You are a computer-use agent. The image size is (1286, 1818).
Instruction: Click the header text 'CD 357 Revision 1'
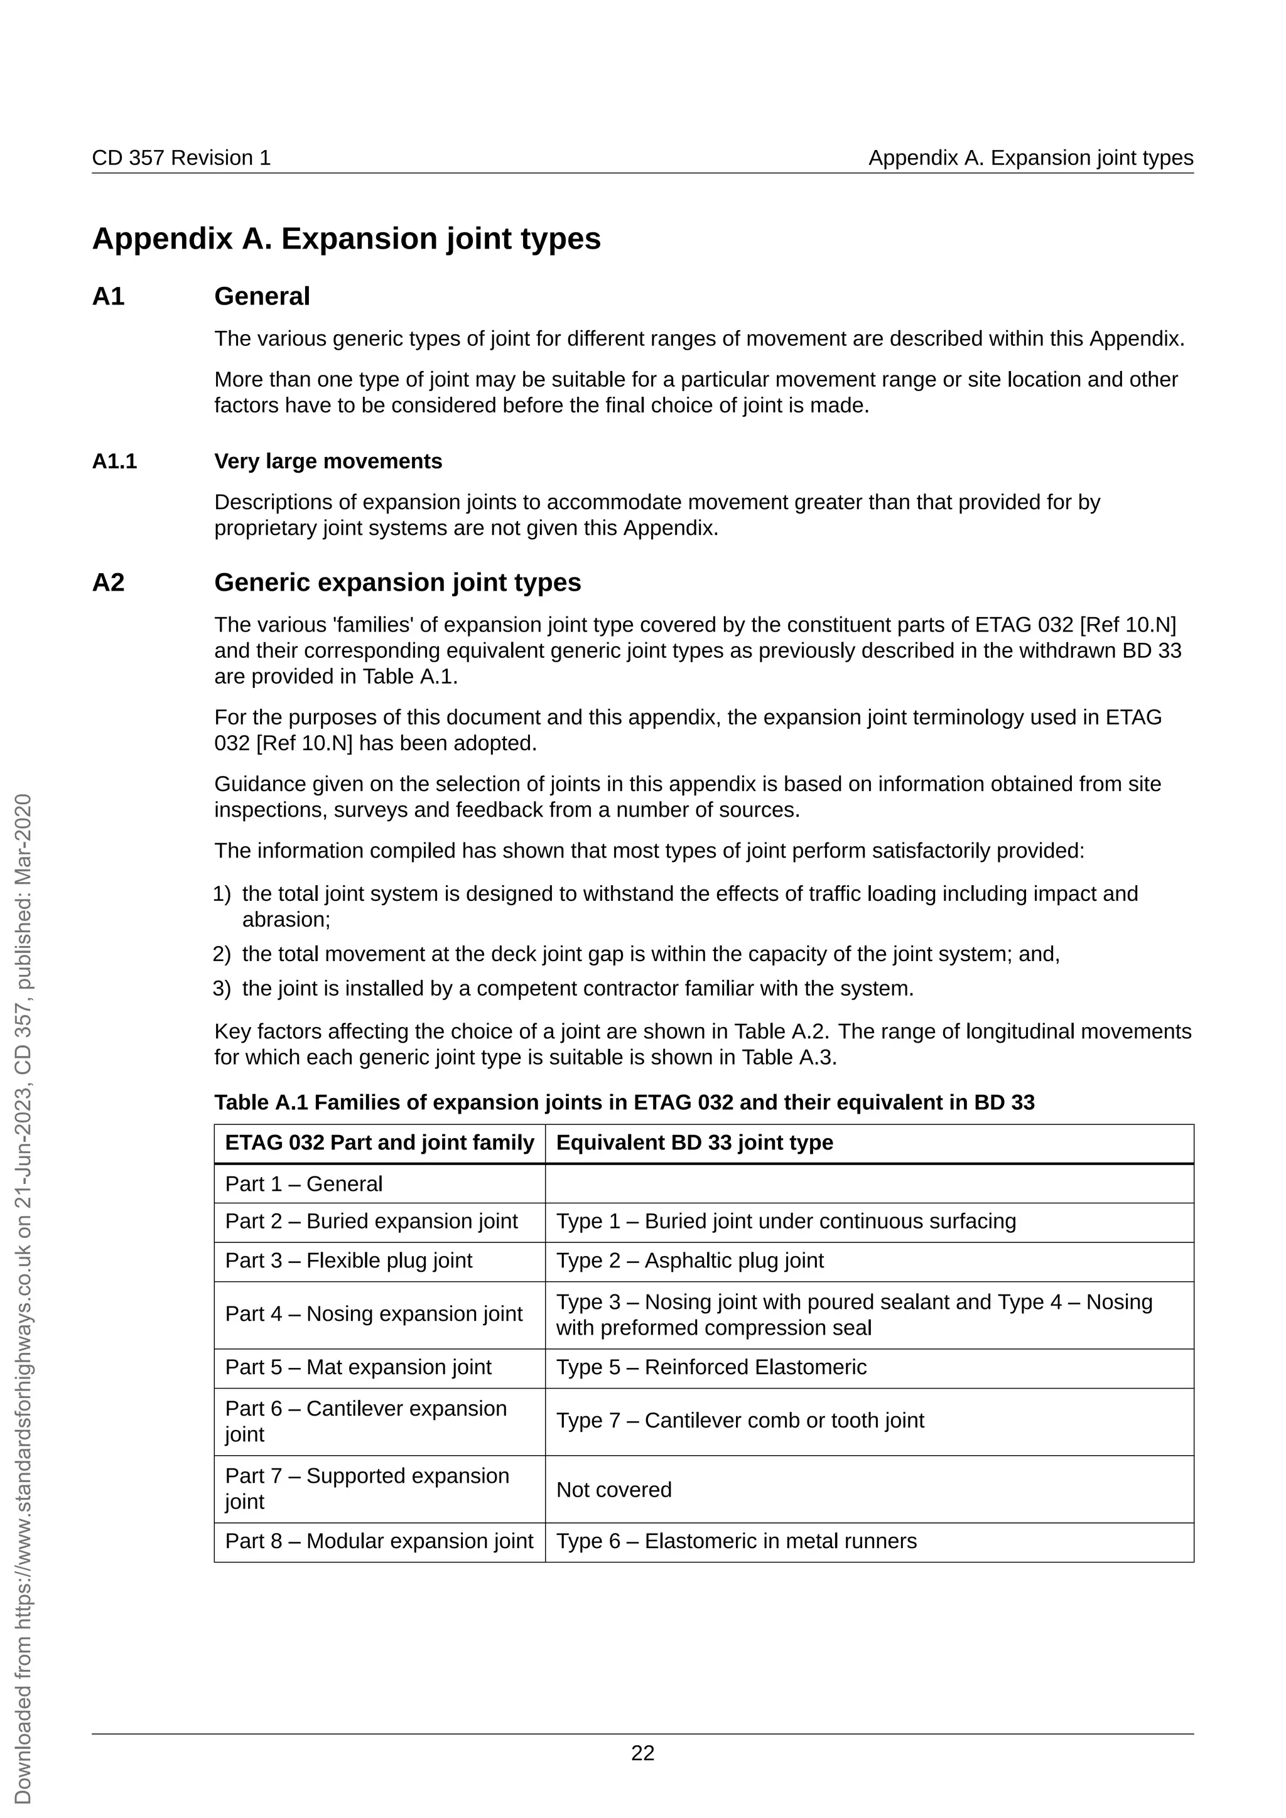click(x=181, y=158)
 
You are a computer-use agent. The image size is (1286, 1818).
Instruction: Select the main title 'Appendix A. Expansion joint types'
click(x=346, y=239)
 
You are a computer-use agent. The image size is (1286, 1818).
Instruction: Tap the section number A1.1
click(x=115, y=461)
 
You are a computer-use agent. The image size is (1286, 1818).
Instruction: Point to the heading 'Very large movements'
click(x=328, y=461)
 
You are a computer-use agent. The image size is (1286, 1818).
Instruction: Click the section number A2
click(x=109, y=582)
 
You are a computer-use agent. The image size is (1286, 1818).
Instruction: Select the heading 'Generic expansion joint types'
click(x=397, y=582)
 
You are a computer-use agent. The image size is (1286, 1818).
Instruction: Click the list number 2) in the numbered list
click(x=222, y=954)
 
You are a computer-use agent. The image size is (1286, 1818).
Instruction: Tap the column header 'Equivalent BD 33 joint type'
click(x=694, y=1142)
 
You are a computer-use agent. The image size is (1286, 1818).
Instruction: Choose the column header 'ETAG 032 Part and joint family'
click(x=379, y=1142)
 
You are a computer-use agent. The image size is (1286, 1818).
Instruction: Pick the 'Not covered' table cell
click(x=613, y=1490)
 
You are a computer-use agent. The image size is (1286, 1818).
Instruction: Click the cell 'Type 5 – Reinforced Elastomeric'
click(x=711, y=1367)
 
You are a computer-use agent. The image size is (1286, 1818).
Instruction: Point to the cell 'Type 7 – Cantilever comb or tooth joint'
click(x=740, y=1420)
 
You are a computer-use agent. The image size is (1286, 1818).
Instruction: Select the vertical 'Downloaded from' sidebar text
click(x=24, y=1299)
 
